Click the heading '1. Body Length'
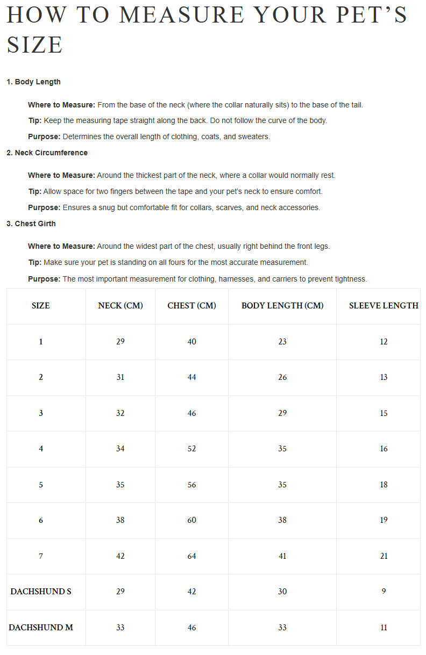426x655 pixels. tap(33, 82)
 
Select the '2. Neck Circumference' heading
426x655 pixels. tap(47, 153)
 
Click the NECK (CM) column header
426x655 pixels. tap(120, 306)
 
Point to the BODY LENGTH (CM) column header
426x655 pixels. tap(282, 306)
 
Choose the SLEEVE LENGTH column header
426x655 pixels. tap(383, 306)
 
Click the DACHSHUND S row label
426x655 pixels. tap(41, 592)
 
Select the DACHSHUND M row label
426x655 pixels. tap(41, 628)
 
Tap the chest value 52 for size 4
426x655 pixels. tap(191, 449)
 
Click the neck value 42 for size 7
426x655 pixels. tap(120, 556)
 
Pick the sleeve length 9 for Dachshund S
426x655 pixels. tap(384, 592)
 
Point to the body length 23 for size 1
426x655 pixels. tap(282, 342)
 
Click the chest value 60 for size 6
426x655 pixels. tap(191, 520)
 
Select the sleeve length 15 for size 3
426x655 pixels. tap(384, 413)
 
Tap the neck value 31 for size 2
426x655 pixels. tap(120, 377)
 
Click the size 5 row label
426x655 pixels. tap(41, 485)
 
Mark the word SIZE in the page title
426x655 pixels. tap(35, 45)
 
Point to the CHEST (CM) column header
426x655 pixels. tap(191, 306)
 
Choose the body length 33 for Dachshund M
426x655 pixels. tap(282, 628)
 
